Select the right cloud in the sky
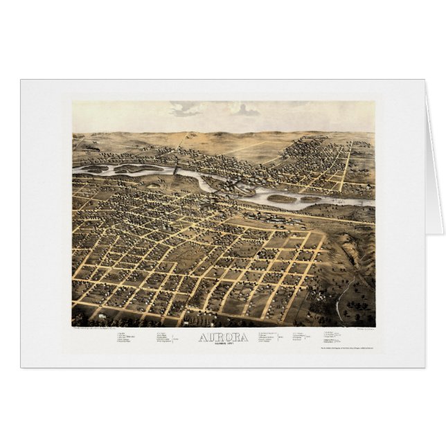point(244,109)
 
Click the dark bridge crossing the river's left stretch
point(176,169)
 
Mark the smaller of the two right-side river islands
point(311,199)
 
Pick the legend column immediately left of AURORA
point(164,337)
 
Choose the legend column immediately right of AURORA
point(269,337)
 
